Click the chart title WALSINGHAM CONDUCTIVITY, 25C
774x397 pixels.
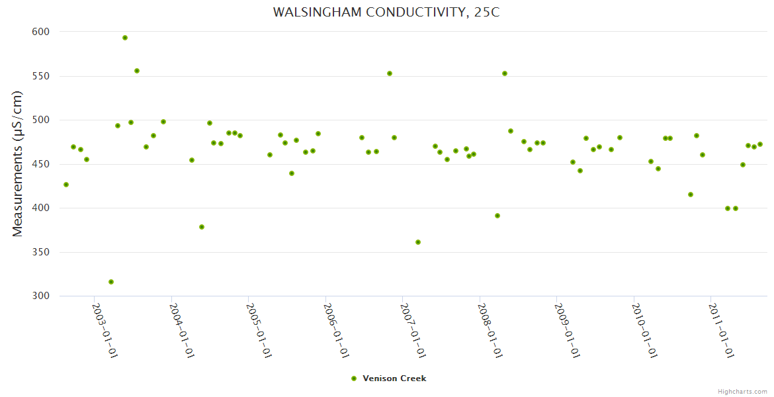386,13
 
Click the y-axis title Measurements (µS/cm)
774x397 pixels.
18,163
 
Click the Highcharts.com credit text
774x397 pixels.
742,391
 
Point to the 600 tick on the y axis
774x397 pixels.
41,32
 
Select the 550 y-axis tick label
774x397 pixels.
41,76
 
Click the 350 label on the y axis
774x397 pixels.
41,252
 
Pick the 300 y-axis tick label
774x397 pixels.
41,296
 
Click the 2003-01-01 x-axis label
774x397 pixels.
105,330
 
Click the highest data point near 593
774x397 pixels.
125,38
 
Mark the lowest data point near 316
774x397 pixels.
111,282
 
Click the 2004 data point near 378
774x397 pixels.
202,227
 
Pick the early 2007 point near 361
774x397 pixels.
418,242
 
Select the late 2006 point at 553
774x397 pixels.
390,73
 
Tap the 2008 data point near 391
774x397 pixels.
497,216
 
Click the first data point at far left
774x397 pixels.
66,185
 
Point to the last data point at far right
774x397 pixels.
760,144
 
